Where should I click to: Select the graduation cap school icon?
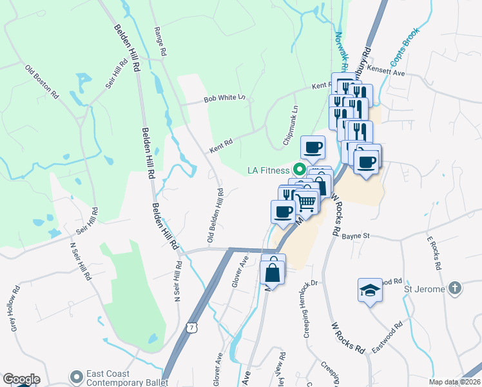pyautogui.click(x=370, y=290)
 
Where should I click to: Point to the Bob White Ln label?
pyautogui.click(x=225, y=99)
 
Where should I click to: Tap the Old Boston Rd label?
pyautogui.click(x=42, y=81)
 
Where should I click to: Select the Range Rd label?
pyautogui.click(x=161, y=40)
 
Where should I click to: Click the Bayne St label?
pyautogui.click(x=355, y=236)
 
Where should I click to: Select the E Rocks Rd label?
pyautogui.click(x=433, y=252)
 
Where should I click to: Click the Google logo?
pyautogui.click(x=21, y=379)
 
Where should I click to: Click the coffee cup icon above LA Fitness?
pyautogui.click(x=313, y=148)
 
